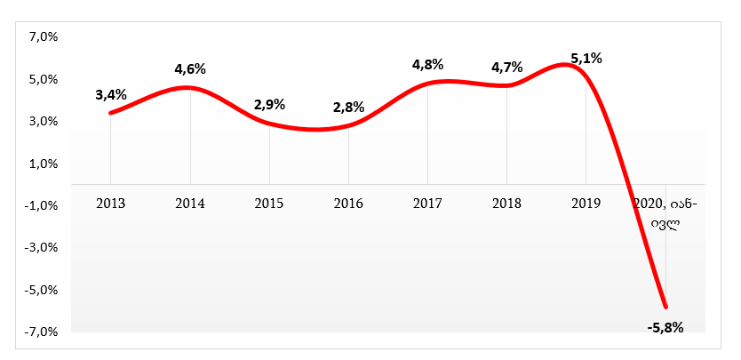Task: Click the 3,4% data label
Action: click(x=111, y=94)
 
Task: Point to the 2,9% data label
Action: click(x=269, y=104)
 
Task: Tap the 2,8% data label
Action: click(x=348, y=107)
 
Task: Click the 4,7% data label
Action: click(x=506, y=67)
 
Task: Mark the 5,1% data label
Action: click(x=586, y=59)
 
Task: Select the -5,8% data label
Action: click(x=665, y=327)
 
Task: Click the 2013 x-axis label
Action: click(x=111, y=203)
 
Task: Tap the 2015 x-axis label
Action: click(x=269, y=203)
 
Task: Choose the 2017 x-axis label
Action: click(x=427, y=203)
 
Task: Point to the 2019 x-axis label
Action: click(x=586, y=203)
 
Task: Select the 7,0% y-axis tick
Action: click(x=44, y=37)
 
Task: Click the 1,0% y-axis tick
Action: click(x=44, y=164)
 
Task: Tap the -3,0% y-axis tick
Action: click(x=42, y=248)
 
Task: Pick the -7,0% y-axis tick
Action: click(x=42, y=332)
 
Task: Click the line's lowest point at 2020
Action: click(x=665, y=307)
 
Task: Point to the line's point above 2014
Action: click(x=190, y=87)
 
